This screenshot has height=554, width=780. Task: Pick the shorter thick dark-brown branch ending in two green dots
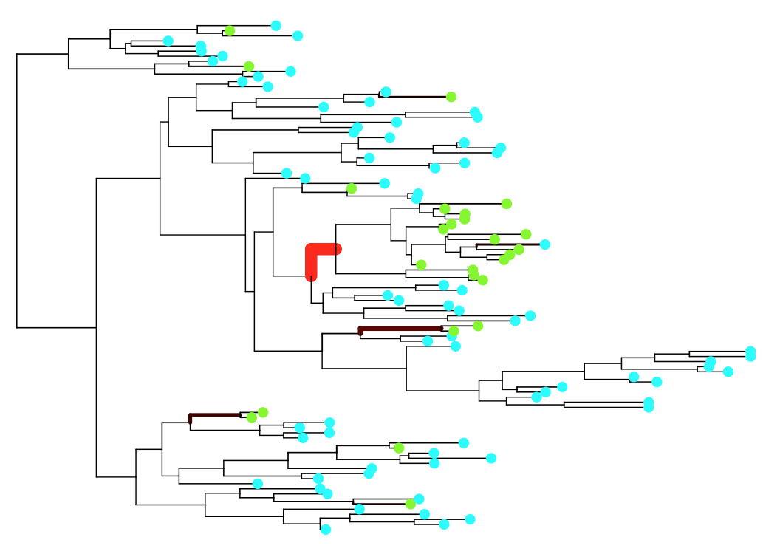[x=215, y=415]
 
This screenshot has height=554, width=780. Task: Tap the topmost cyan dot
[x=276, y=26]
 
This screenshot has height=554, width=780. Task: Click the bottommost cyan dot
[x=326, y=529]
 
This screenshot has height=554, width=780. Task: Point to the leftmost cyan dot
[x=168, y=41]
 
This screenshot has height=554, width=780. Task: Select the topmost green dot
[x=230, y=31]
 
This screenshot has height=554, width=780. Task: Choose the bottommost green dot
[x=411, y=504]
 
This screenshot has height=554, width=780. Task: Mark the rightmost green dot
[x=526, y=234]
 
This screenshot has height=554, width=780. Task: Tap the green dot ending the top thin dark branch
[x=451, y=97]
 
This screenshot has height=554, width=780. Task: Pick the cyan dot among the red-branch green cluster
[x=545, y=244]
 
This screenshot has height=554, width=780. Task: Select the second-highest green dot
[x=249, y=66]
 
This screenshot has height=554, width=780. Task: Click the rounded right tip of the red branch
[x=336, y=249]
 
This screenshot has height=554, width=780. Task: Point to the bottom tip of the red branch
[x=311, y=277]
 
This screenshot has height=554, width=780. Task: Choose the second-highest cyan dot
[x=298, y=35]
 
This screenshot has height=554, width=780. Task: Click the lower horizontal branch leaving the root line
[x=56, y=327]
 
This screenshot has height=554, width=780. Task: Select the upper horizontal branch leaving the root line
[x=43, y=54]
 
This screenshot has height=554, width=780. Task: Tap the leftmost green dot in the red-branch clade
[x=421, y=264]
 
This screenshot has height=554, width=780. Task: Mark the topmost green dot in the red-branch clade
[x=507, y=204]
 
